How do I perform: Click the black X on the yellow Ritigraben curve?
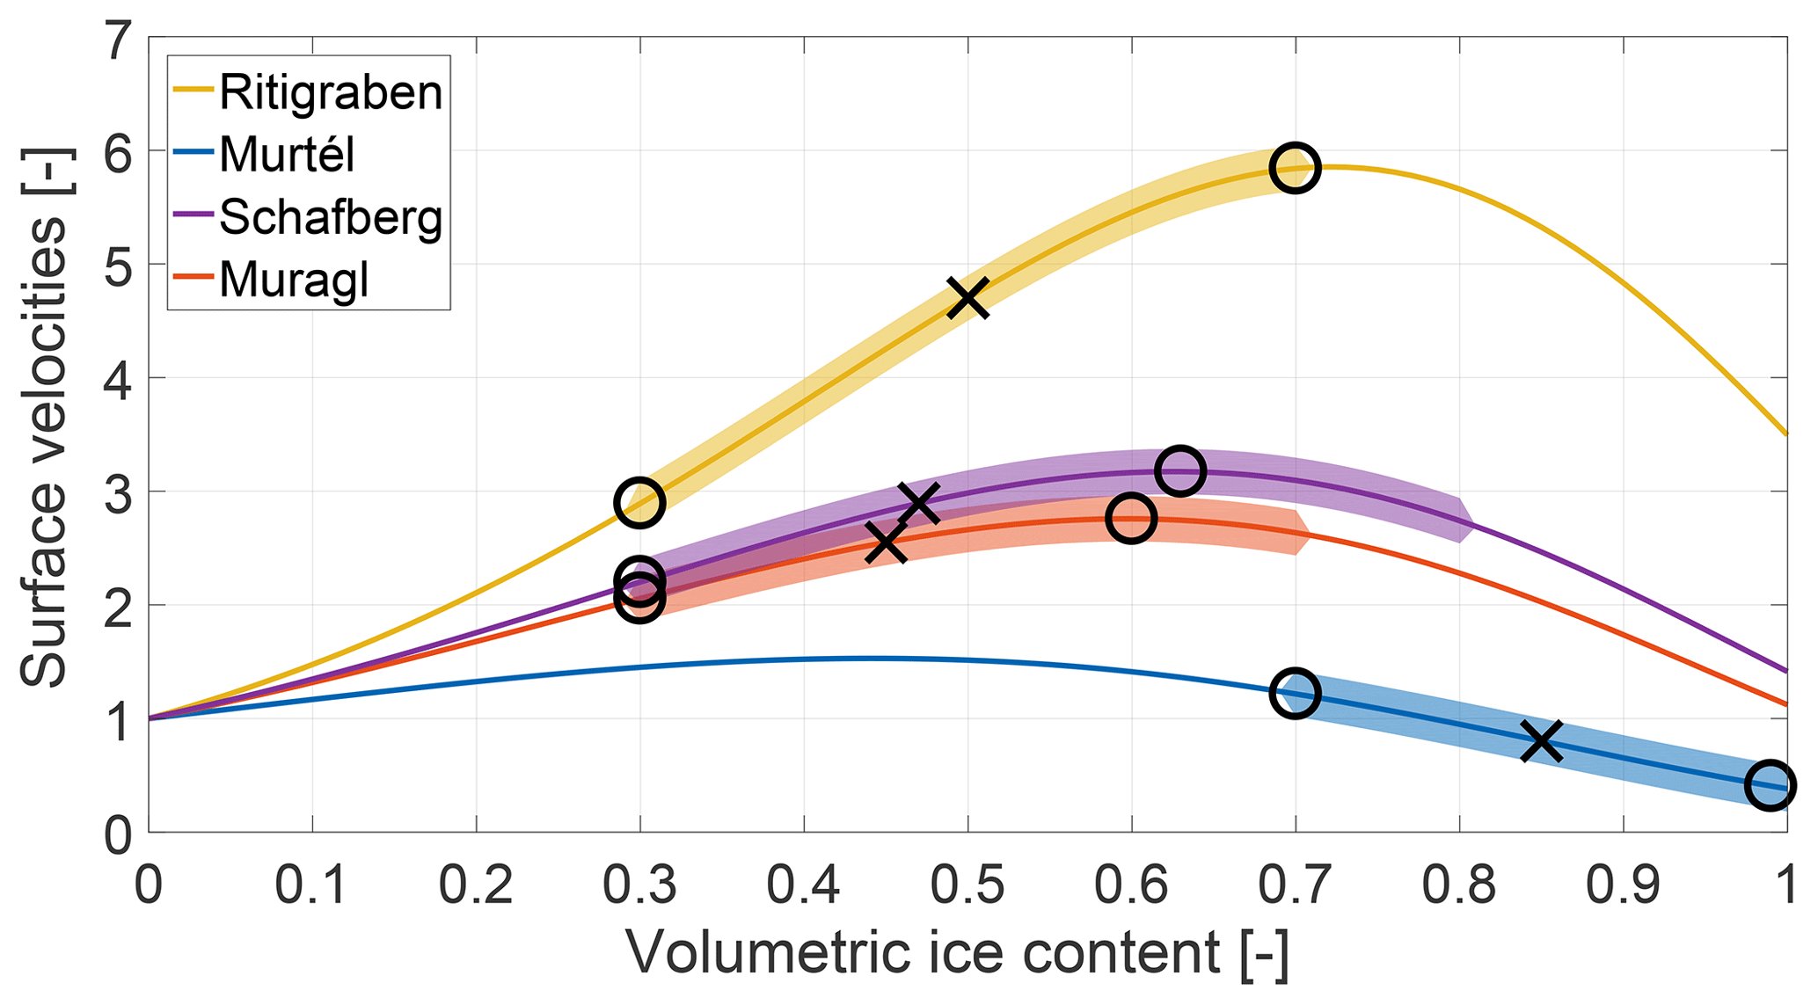pos(967,298)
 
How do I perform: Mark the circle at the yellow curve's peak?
pos(1295,167)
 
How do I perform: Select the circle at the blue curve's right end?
pos(1769,785)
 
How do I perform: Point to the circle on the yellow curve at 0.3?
pos(639,503)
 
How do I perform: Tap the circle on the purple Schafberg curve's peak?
pos(1179,470)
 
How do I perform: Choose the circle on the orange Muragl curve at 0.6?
pos(1130,518)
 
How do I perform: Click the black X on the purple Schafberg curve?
pos(918,503)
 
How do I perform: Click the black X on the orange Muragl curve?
pos(886,543)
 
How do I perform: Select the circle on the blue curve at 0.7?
pos(1295,693)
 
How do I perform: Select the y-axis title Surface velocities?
pos(44,418)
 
